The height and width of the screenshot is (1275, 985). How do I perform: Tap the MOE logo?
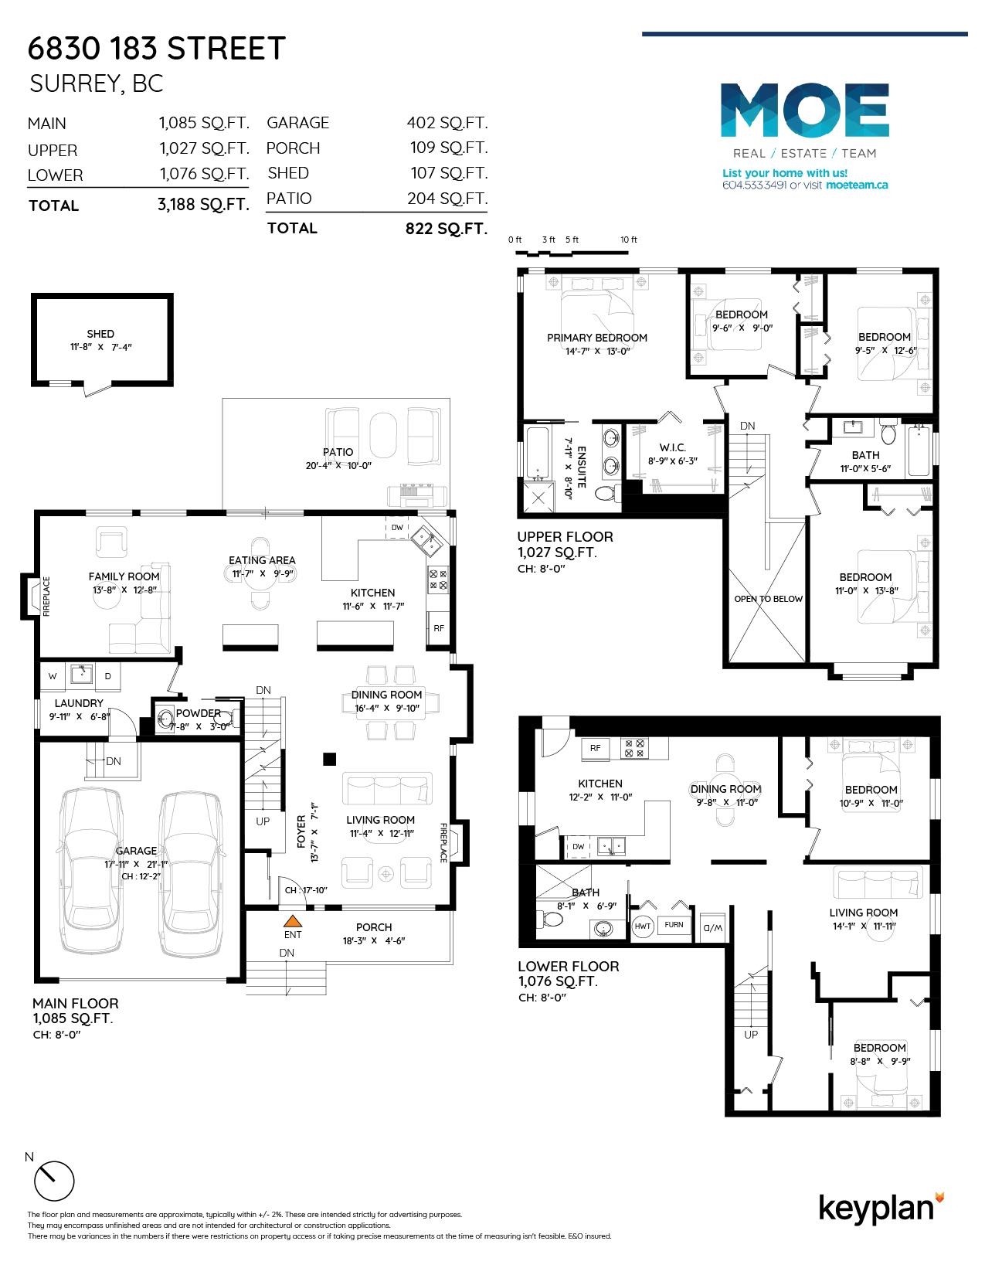(x=804, y=110)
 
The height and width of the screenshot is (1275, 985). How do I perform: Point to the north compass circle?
(x=55, y=1181)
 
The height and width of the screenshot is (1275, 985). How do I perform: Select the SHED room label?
(x=100, y=333)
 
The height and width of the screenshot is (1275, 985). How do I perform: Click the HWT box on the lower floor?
(x=643, y=926)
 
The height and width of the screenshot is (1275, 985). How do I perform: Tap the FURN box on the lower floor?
(x=674, y=924)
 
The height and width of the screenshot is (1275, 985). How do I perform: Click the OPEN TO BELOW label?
(x=768, y=599)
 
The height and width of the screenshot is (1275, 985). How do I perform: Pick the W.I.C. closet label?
(x=672, y=447)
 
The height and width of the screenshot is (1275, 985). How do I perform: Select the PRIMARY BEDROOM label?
(x=596, y=338)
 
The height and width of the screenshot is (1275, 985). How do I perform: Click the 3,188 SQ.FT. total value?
(x=204, y=205)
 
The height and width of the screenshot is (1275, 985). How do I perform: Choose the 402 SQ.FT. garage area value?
(x=447, y=123)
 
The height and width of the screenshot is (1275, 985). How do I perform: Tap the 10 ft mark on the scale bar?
(x=628, y=240)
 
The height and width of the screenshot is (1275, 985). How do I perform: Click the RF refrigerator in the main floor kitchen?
(x=438, y=627)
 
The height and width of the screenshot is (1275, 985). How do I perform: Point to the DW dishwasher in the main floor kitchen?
(x=397, y=528)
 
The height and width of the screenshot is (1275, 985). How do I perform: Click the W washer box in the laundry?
(x=53, y=676)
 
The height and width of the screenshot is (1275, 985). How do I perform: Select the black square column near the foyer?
(x=329, y=760)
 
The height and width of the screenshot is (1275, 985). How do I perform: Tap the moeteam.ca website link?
(x=857, y=185)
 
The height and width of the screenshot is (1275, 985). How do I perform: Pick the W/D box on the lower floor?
(x=713, y=927)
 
